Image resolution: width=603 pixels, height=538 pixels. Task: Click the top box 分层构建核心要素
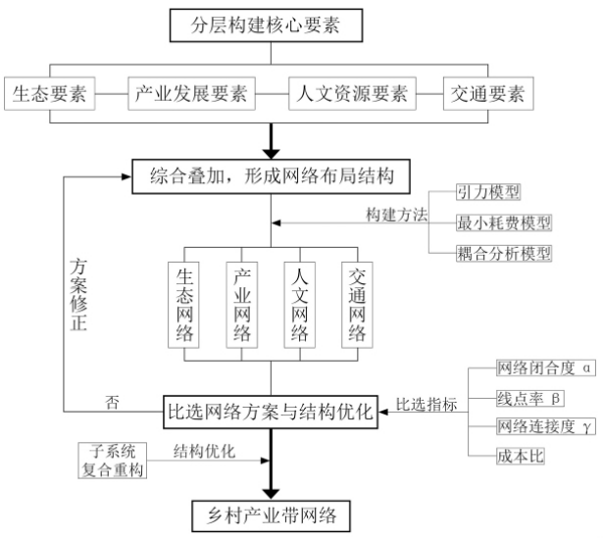266,25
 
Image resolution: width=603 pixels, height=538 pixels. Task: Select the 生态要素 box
50,94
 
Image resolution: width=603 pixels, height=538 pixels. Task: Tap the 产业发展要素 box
191,94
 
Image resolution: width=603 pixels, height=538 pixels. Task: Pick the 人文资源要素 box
352,94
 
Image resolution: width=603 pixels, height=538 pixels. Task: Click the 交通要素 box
488,94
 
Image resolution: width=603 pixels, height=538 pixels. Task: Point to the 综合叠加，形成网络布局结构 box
272,176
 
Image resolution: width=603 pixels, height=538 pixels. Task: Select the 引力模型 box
488,192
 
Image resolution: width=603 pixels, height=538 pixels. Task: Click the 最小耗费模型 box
504,222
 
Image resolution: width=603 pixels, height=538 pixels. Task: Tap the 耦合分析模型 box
504,254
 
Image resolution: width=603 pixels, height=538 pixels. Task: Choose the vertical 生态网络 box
183,305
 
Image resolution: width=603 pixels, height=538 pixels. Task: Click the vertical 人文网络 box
300,305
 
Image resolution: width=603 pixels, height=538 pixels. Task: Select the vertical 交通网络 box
357,305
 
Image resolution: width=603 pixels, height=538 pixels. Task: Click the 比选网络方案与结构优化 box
271,412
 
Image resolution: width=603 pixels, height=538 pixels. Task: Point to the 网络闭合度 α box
546,368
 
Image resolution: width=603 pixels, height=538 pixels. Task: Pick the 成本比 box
521,457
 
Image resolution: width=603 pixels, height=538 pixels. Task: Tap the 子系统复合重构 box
113,461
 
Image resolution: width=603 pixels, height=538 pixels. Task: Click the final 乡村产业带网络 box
272,516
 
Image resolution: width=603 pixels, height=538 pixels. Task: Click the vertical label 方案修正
78,295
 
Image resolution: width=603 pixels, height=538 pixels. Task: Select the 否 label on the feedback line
113,403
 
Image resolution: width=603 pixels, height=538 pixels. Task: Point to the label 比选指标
427,405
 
